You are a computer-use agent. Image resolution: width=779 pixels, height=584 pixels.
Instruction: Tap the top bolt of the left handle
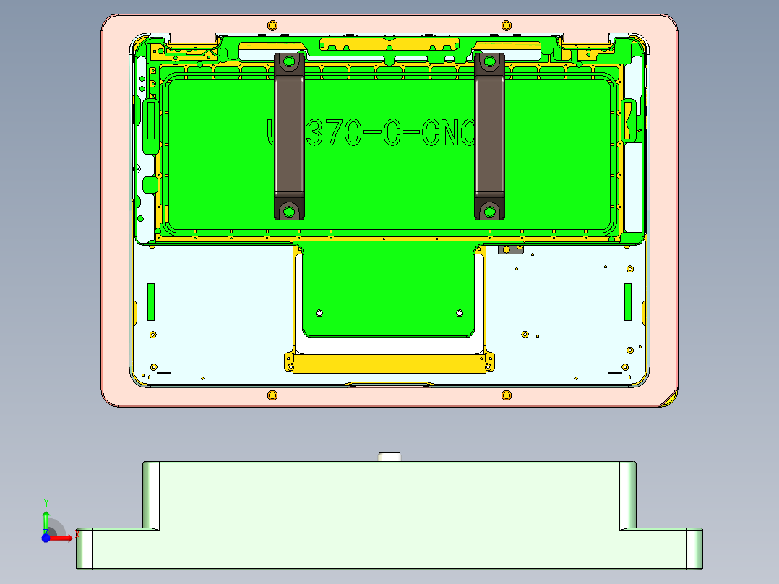[289, 62]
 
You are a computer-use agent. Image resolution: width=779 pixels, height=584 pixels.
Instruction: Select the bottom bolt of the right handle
[490, 211]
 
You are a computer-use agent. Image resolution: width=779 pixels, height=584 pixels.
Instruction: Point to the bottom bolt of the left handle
[290, 211]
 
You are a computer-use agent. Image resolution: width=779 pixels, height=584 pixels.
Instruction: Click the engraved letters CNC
[448, 133]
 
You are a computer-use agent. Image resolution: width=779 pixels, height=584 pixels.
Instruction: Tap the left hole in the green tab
[319, 313]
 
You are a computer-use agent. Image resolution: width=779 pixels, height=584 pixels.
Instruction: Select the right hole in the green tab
[460, 313]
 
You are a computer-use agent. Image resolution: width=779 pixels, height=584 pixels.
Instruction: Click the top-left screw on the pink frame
[272, 26]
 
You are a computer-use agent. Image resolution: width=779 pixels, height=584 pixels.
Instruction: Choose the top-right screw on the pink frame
[507, 26]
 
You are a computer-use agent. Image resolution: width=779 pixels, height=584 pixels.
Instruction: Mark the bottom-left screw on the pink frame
[272, 395]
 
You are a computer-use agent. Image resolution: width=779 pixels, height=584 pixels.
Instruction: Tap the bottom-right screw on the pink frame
[507, 395]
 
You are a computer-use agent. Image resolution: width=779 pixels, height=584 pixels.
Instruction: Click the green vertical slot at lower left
[151, 302]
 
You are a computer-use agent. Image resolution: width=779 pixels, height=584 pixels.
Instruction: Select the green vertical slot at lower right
[628, 302]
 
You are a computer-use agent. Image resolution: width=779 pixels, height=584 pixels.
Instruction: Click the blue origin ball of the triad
[46, 538]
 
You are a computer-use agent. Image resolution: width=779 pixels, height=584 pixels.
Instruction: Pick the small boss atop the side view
[390, 456]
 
